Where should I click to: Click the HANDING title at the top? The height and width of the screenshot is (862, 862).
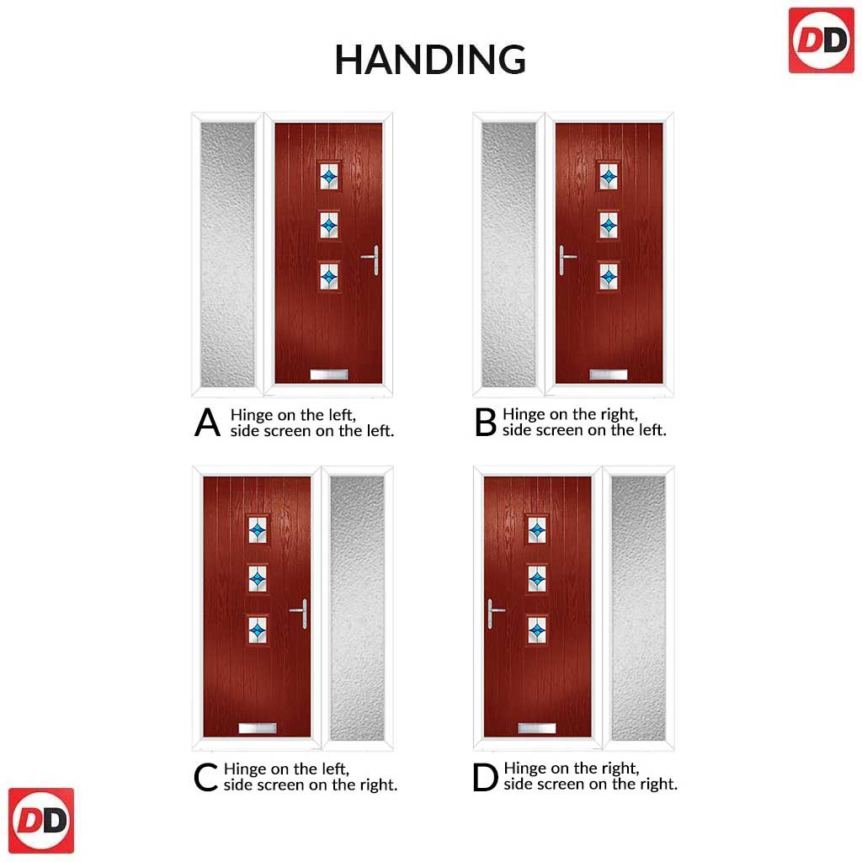(x=430, y=60)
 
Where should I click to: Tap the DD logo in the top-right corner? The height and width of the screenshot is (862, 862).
(x=822, y=40)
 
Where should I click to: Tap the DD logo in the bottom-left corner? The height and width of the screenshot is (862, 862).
(x=41, y=820)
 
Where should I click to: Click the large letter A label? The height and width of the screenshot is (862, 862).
(x=207, y=423)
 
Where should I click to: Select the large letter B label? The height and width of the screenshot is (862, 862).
(x=486, y=423)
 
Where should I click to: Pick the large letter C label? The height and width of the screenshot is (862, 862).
(x=205, y=777)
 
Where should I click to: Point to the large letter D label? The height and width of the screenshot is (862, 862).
(x=485, y=777)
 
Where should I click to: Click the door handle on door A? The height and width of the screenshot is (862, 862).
(x=371, y=259)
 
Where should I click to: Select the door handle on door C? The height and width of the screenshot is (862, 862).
(x=300, y=614)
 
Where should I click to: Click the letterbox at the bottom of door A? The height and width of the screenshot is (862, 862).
(x=329, y=375)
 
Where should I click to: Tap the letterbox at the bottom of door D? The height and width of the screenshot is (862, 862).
(x=537, y=729)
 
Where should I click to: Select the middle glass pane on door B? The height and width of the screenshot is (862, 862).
(x=608, y=225)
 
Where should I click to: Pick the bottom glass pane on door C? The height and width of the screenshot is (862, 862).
(x=258, y=630)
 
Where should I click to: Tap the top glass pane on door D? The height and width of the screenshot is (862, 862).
(x=537, y=530)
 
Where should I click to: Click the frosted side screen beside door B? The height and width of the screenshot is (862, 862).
(x=508, y=254)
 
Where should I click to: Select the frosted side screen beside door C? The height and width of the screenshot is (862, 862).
(x=357, y=608)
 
